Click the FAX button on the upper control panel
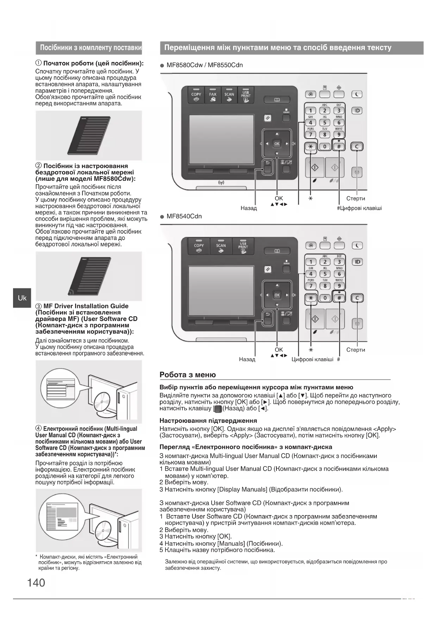pos(213,96)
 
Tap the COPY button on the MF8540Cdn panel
pos(199,247)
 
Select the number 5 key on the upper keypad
pos(325,123)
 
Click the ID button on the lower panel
pos(357,262)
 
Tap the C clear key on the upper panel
pos(357,147)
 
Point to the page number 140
pos(36,582)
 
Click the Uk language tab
pos(22,298)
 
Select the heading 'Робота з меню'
pos(188,375)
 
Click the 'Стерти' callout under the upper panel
pos(356,198)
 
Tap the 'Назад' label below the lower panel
pos(247,359)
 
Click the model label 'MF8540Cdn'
pos(184,216)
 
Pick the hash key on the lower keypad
pos(339,298)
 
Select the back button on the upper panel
pos(268,169)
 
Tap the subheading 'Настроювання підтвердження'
pos(208,421)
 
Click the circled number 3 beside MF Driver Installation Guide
pos(38,306)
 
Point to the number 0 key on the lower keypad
pos(325,298)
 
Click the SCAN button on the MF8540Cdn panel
pos(221,247)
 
